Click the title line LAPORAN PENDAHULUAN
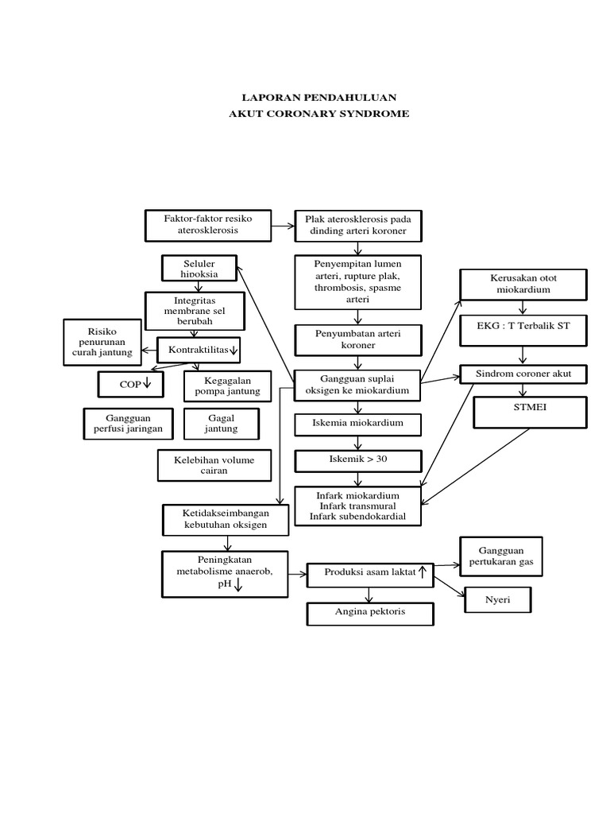point(319,98)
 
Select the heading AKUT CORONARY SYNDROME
point(319,114)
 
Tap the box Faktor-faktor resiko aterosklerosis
point(207,224)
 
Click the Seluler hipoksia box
point(199,268)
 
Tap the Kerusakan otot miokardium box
point(524,285)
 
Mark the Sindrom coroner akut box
point(523,374)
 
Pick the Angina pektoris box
point(370,614)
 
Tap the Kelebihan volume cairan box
point(214,465)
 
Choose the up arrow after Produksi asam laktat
point(423,572)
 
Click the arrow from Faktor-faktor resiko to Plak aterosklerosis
point(283,226)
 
